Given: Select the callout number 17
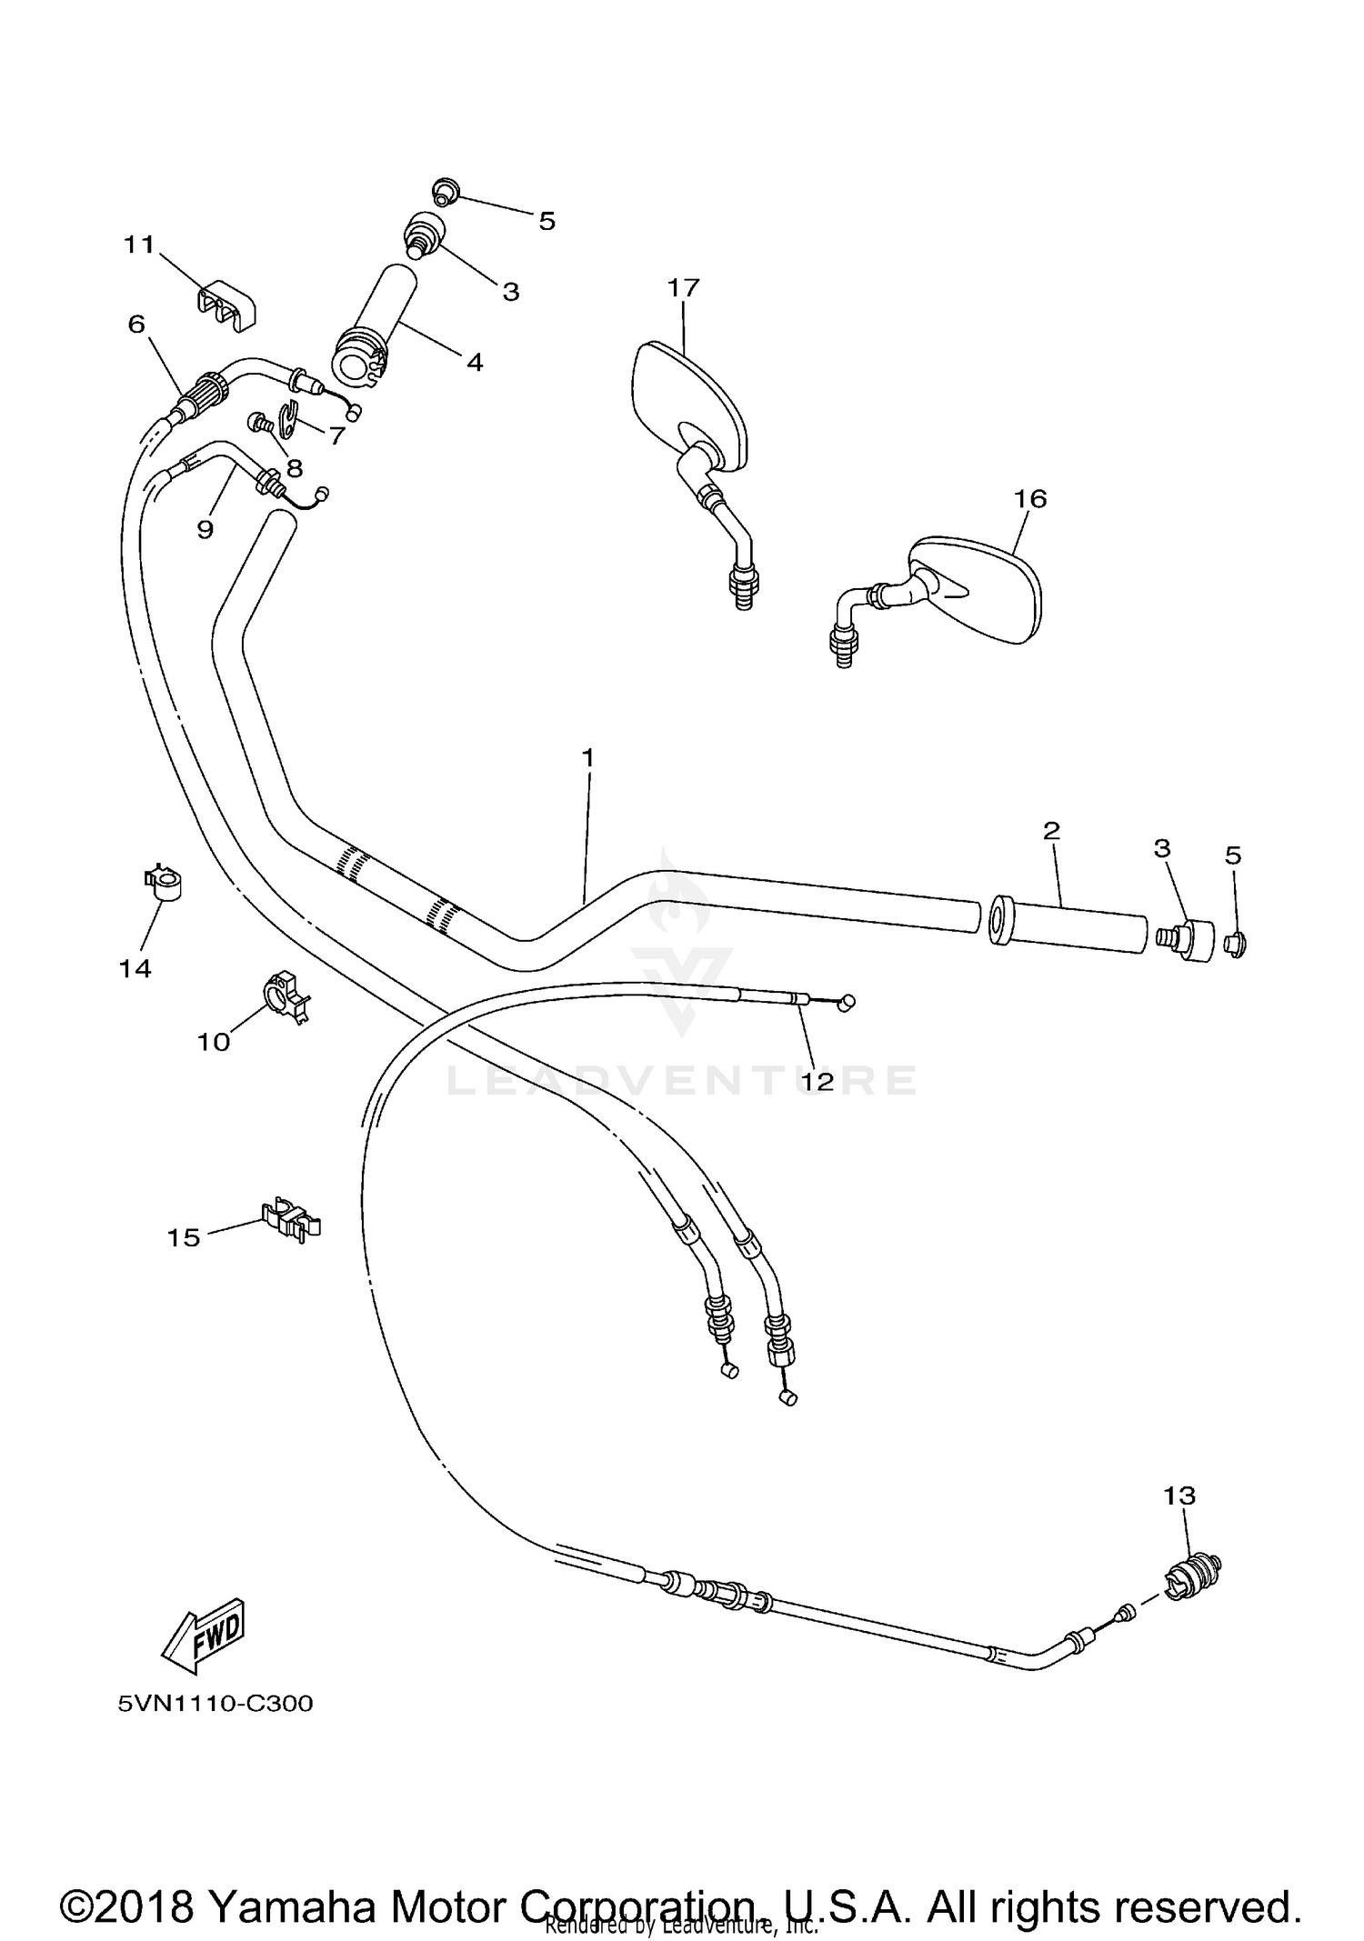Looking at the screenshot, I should coord(683,288).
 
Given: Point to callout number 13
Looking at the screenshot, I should coord(1179,1496).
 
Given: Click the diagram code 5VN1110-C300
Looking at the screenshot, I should coord(215,1703).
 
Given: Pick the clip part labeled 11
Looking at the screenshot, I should coord(226,306).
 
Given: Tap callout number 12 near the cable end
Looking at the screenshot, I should coord(817,1082).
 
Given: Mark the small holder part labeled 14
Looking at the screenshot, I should coord(164,883).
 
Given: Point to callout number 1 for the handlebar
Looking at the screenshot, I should coord(587,757).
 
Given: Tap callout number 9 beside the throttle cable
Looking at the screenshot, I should coord(206,529).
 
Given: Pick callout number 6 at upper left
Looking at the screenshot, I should coord(136,325).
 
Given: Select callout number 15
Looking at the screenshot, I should coord(184,1237).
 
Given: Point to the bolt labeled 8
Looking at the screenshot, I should coord(260,423).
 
